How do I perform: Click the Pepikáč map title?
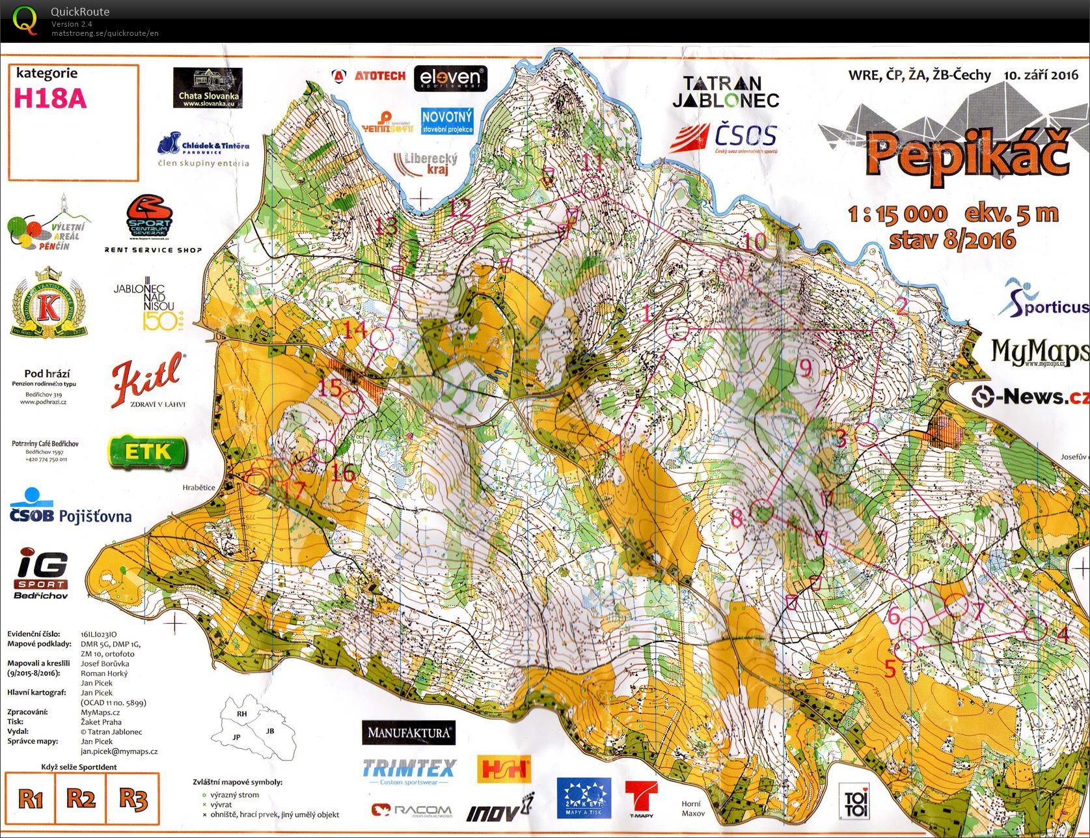click(968, 154)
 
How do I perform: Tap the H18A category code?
click(49, 98)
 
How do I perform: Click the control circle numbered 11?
click(592, 189)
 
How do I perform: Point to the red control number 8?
click(736, 518)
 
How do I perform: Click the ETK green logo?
click(148, 451)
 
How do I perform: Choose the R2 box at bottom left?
click(81, 798)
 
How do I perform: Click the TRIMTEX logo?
click(409, 770)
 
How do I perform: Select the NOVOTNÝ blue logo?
click(446, 121)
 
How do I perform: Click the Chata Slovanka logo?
click(208, 89)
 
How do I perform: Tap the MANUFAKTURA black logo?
click(409, 733)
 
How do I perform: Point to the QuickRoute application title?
click(80, 12)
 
